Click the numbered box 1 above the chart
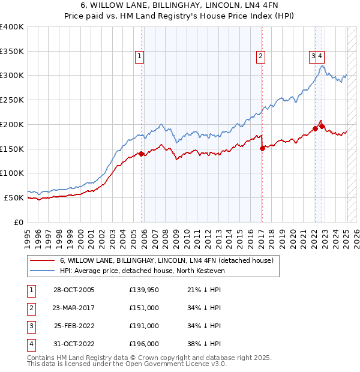pos(139,57)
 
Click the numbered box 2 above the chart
pos(261,57)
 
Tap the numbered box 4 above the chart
pos(321,57)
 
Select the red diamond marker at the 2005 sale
pos(142,154)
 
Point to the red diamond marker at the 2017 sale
pos(262,149)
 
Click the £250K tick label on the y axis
pos(12,100)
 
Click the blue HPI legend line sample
pos(43,271)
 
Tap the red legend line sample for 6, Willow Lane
pos(43,261)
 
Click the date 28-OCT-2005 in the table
pos(74,290)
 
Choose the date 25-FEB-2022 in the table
pos(74,326)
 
